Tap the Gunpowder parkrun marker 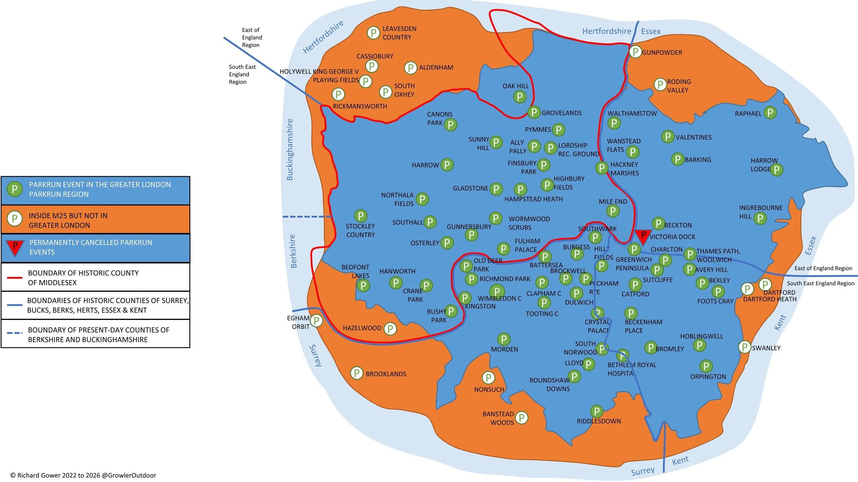(635, 52)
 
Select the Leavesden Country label (399, 33)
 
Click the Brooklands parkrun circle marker (357, 373)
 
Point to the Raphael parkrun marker (770, 112)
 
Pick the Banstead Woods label (498, 418)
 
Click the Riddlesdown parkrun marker (596, 411)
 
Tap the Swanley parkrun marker (744, 347)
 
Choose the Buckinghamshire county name (290, 149)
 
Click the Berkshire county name (293, 251)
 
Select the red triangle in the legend (15, 248)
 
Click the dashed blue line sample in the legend (15, 333)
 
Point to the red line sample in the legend (15, 277)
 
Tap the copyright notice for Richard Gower (83, 475)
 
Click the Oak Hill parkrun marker (520, 97)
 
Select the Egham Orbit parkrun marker (316, 321)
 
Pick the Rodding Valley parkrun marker (660, 84)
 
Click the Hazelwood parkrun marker (390, 329)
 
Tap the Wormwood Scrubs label (529, 223)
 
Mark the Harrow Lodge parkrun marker (777, 169)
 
